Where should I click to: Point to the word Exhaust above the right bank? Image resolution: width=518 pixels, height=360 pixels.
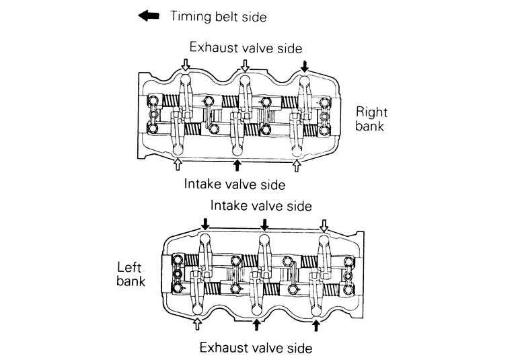[x=212, y=47]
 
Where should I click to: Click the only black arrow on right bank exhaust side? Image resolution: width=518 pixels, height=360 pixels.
[x=305, y=66]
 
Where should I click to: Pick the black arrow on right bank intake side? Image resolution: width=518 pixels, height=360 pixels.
[x=237, y=165]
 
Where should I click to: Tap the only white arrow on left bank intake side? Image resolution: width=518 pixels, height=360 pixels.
[x=324, y=225]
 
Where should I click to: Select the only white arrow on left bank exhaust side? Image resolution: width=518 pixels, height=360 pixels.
[x=197, y=325]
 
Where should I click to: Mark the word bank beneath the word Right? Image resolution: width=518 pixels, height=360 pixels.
[x=371, y=126]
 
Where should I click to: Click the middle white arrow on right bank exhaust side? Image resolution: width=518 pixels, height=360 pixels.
[x=246, y=66]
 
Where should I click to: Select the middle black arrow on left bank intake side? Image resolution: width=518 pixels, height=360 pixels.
[x=264, y=225]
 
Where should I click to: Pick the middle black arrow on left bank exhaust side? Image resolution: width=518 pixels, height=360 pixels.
[x=256, y=325]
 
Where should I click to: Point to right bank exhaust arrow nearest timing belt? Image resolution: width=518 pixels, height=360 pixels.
[x=186, y=66]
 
